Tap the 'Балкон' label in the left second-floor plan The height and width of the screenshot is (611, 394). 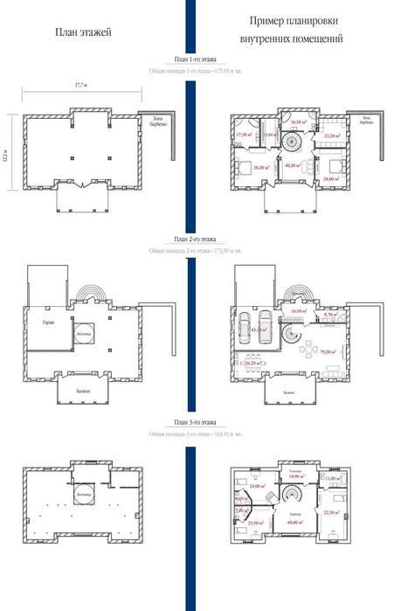[x=81, y=392]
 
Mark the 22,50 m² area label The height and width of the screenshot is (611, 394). [x=334, y=513]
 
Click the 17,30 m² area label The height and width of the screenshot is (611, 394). [x=244, y=135]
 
